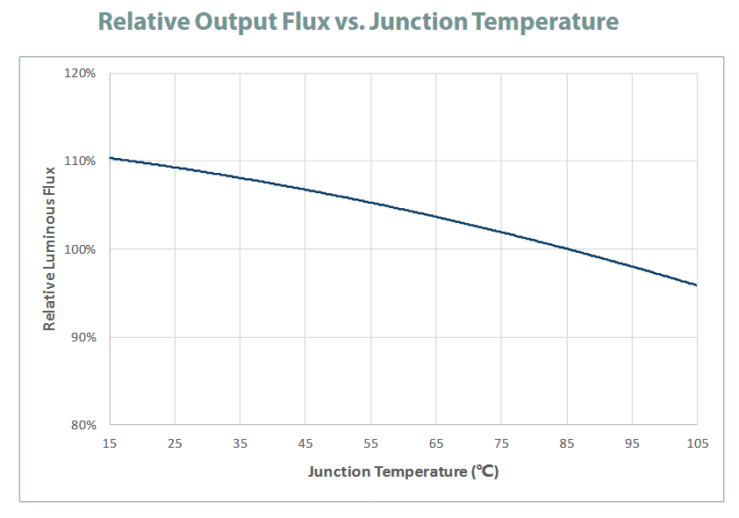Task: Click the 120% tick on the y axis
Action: tap(82, 73)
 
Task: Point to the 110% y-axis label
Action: tap(82, 161)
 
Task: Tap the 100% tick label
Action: tap(82, 249)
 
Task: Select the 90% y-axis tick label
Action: tap(83, 337)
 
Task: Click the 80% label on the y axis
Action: tap(83, 426)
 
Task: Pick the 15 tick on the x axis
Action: tap(110, 443)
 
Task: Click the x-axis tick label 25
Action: tap(175, 443)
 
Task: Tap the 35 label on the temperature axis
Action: tap(240, 443)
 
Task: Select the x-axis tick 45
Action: tap(305, 443)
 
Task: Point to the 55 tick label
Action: tap(370, 443)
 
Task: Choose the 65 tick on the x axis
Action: tap(436, 443)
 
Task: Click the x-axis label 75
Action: tap(501, 443)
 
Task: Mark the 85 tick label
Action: tap(567, 443)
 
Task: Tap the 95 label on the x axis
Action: tap(632, 443)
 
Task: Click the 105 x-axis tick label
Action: tap(697, 443)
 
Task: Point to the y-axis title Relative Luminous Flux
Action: tap(50, 248)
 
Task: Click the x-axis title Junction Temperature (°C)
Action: tap(403, 472)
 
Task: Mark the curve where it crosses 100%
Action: tap(567, 248)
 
